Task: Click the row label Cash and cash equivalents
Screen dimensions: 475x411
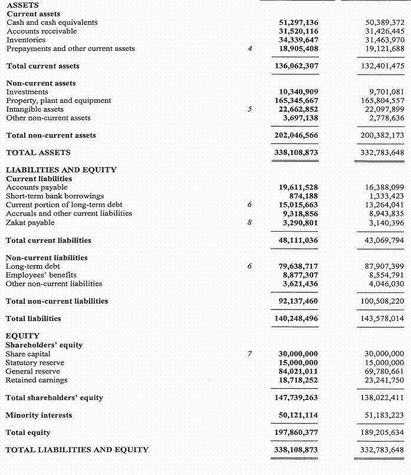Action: coord(52,22)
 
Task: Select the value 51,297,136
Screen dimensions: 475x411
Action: coord(298,22)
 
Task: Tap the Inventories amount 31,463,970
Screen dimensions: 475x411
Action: coord(384,40)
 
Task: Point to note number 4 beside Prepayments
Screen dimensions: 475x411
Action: coord(249,48)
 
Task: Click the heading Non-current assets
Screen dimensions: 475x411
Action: coord(41,83)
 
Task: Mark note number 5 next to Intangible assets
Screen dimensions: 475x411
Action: coord(249,109)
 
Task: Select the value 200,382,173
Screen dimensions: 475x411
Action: coord(382,135)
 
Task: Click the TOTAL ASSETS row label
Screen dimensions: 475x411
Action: coord(38,152)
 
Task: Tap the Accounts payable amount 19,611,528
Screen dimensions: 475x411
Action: coord(298,187)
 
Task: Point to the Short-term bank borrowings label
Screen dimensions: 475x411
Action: coord(55,196)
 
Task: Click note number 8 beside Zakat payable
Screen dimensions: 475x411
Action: coord(249,223)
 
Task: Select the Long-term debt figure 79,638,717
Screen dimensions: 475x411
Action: coord(298,266)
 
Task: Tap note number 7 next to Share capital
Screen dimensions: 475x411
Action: coord(249,354)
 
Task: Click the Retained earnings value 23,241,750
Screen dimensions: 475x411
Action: coord(384,380)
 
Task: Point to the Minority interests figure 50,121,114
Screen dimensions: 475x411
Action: coord(298,415)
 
